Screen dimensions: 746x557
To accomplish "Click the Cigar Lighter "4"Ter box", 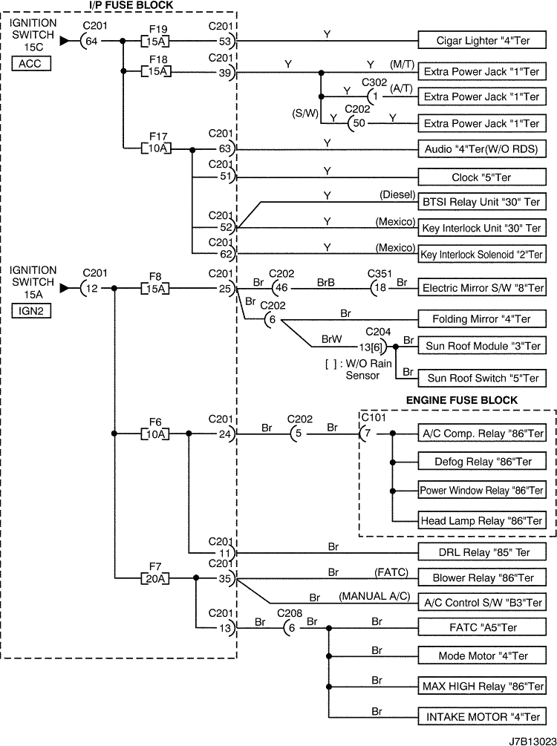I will click(481, 41).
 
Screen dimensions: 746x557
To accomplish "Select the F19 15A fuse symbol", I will click(157, 41).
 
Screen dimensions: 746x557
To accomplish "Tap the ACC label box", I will click(31, 64).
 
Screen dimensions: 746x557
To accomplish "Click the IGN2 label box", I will click(31, 312).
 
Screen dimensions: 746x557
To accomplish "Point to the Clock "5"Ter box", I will click(481, 178).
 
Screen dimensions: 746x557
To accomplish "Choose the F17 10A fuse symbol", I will click(157, 149).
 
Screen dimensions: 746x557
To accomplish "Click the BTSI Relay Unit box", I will click(481, 202).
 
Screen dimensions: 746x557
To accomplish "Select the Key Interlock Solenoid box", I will click(481, 254).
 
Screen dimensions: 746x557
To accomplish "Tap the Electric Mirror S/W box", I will click(481, 287).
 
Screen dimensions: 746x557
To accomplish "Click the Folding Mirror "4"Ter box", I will click(481, 319).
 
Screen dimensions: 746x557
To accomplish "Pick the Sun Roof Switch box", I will click(481, 378).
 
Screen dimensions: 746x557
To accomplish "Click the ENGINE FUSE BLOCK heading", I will click(461, 400).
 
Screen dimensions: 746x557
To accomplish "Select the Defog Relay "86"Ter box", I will click(481, 462).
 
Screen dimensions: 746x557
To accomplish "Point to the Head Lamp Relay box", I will click(481, 520).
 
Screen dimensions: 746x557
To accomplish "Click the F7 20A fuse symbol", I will click(157, 578).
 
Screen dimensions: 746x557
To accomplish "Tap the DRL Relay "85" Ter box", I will click(481, 552).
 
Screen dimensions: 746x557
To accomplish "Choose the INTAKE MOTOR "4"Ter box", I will click(481, 717).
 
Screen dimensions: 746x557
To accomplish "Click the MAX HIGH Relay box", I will click(481, 684).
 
